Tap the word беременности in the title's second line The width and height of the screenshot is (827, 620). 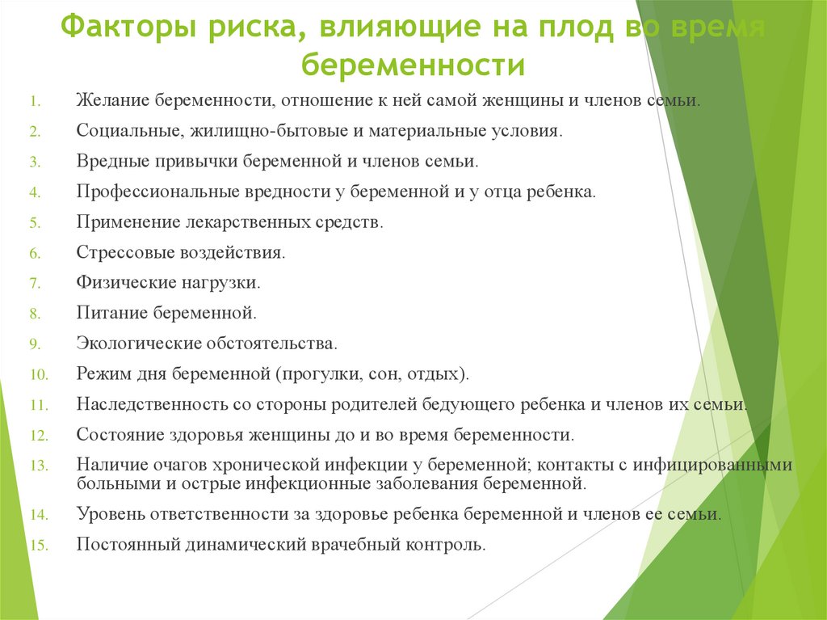pos(413,64)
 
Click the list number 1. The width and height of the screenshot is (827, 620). pos(36,103)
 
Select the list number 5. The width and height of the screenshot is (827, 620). pos(35,222)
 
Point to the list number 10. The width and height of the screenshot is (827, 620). pos(40,374)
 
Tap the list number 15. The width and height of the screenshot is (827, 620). pos(40,545)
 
